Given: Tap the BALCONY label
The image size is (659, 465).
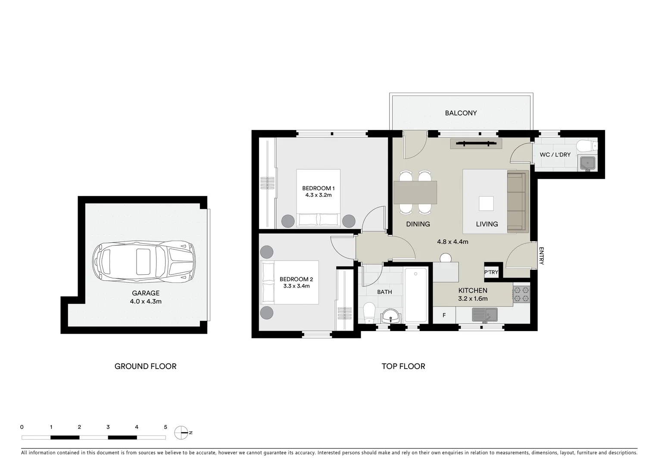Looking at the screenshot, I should coord(461,113).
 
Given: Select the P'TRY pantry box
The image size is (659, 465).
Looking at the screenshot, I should coord(491,272).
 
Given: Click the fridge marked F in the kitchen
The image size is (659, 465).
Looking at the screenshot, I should coord(444,316).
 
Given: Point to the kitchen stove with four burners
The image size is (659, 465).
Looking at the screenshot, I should coord(521,294).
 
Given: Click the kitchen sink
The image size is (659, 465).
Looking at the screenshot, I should coord(484,315).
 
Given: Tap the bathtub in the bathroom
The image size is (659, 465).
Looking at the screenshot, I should coord(415,295).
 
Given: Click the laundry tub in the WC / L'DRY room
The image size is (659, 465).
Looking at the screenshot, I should coord(587,162).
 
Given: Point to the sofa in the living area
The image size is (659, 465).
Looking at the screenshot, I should coord(517,201).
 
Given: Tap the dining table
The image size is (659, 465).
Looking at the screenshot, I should coord(415,192).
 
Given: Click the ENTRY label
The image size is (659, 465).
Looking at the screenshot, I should coord(541,256).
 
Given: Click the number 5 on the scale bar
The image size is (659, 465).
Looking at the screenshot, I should coord(166,427).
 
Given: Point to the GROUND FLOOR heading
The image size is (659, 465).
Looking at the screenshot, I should coord(145,366).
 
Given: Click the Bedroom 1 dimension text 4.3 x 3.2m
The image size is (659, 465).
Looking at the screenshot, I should coord(318,195).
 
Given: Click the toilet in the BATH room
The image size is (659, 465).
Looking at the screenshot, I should coord(369,312).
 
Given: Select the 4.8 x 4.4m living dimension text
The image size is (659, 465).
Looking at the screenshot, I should coord(453,242).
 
